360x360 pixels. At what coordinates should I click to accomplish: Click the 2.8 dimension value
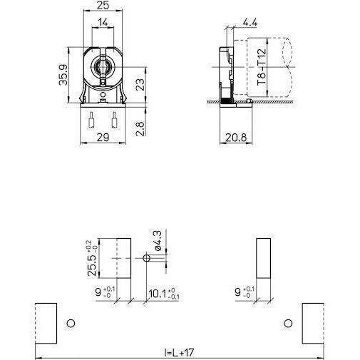[140, 129]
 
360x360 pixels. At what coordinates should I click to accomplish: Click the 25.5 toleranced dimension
[92, 257]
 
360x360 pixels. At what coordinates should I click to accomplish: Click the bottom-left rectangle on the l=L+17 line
[46, 323]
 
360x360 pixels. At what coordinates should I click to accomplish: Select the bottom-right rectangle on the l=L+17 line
[313, 323]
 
